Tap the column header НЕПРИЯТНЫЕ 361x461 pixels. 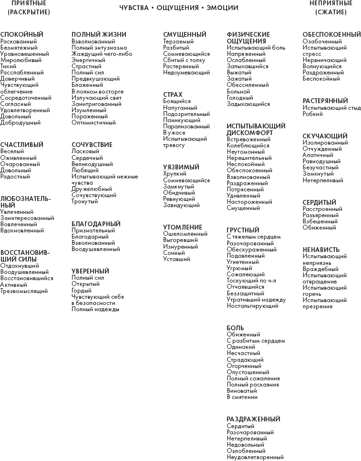pyautogui.click(x=330, y=3)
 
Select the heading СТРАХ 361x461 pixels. pyautogui.click(x=173, y=95)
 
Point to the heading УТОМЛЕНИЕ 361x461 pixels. pyautogui.click(x=183, y=227)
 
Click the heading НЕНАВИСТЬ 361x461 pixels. pyautogui.click(x=321, y=250)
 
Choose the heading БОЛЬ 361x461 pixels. pyautogui.click(x=235, y=328)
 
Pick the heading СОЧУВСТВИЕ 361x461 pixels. pyautogui.click(x=92, y=145)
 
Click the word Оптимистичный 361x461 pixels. pyautogui.click(x=93, y=123)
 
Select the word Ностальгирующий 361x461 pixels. pyautogui.click(x=252, y=306)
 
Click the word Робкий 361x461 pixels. pyautogui.click(x=312, y=114)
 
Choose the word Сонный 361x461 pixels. pyautogui.click(x=174, y=253)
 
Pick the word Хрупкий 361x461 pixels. pyautogui.click(x=175, y=174)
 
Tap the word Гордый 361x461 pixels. pyautogui.click(x=81, y=290)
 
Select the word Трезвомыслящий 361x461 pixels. pyautogui.click(x=24, y=291)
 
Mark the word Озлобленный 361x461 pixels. pyautogui.click(x=246, y=451)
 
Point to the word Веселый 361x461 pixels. pyautogui.click(x=12, y=151)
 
